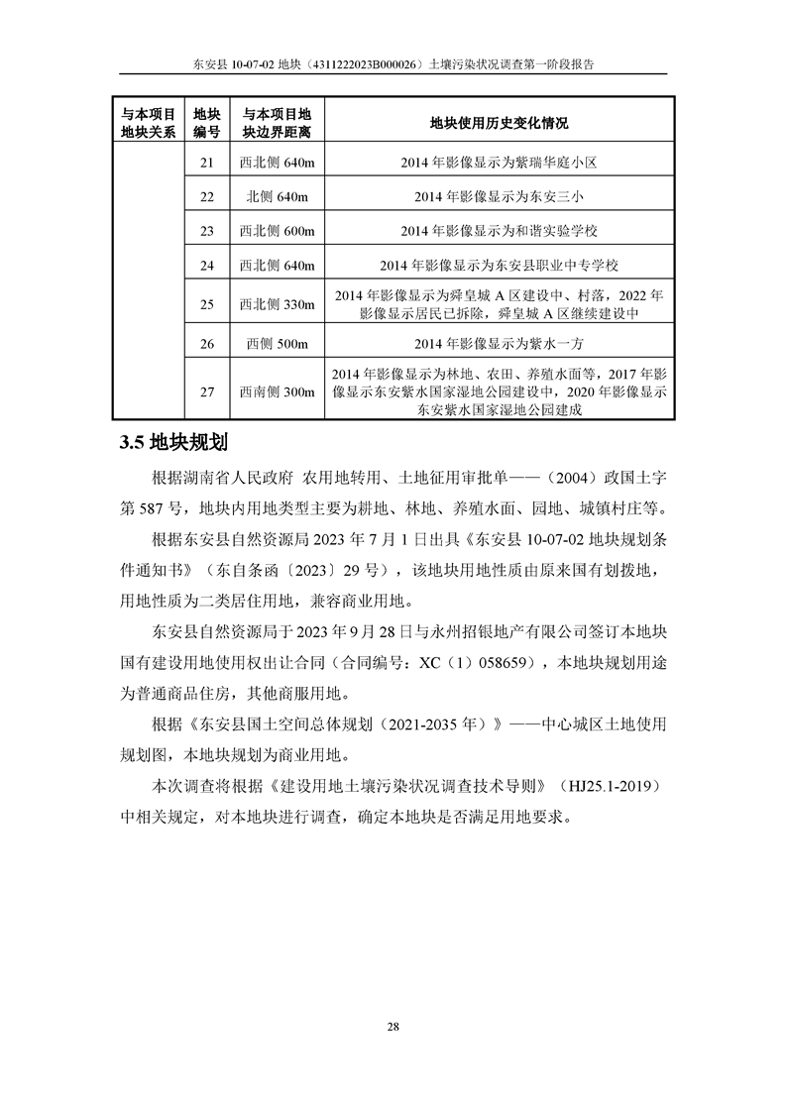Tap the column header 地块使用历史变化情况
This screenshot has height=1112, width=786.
tap(499, 123)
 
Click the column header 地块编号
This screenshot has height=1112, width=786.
tap(206, 123)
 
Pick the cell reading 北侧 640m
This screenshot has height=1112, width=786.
tap(277, 196)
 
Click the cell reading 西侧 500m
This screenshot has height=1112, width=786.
tap(277, 344)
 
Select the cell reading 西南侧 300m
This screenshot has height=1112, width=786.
tap(277, 391)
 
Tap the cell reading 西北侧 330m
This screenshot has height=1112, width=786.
tap(277, 304)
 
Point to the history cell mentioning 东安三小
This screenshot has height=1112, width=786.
tap(499, 196)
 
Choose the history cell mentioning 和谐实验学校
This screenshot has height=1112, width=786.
tap(499, 231)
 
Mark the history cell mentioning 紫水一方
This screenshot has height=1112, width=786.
tap(499, 344)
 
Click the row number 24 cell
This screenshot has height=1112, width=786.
tap(206, 265)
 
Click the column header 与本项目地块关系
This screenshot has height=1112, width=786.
tap(149, 123)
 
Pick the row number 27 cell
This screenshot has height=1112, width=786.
tap(206, 391)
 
